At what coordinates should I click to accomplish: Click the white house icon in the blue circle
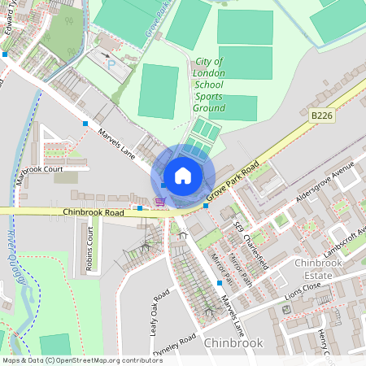[183, 176]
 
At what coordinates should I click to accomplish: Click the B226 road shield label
[322, 117]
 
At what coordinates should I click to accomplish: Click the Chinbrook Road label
[93, 212]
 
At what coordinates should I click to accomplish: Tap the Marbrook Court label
[39, 170]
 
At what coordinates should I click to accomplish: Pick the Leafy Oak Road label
[159, 309]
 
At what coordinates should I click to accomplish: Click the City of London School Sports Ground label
[209, 85]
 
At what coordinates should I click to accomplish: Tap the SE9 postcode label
[237, 229]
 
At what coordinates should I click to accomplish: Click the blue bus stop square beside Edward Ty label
[6, 54]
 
